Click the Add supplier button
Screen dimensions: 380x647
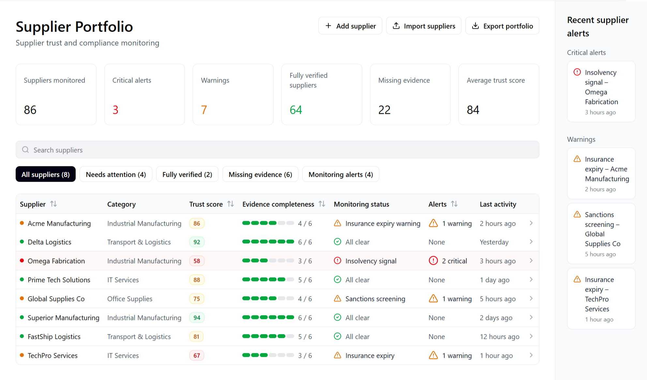click(x=350, y=26)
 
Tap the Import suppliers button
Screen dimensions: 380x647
click(x=423, y=26)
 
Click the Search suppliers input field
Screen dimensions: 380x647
click(x=277, y=150)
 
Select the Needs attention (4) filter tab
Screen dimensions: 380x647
click(x=116, y=175)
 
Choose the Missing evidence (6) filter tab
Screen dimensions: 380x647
click(x=260, y=175)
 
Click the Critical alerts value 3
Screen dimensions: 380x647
click(x=115, y=110)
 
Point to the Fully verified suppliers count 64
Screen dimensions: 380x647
click(x=296, y=110)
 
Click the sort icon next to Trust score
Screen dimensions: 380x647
click(x=231, y=204)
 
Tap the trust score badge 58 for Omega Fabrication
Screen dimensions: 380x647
click(x=197, y=261)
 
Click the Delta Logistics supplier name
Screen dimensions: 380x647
click(x=49, y=242)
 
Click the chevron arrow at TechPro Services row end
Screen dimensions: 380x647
click(x=531, y=355)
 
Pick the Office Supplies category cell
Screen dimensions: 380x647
click(x=130, y=299)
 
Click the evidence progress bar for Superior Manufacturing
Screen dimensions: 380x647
click(x=268, y=317)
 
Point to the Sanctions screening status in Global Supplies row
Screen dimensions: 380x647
click(x=375, y=299)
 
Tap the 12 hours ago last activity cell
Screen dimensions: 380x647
click(x=499, y=337)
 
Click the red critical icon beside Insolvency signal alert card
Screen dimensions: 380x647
click(x=577, y=72)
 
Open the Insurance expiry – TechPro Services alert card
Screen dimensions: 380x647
click(x=601, y=298)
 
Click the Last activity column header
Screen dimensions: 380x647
click(x=498, y=204)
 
